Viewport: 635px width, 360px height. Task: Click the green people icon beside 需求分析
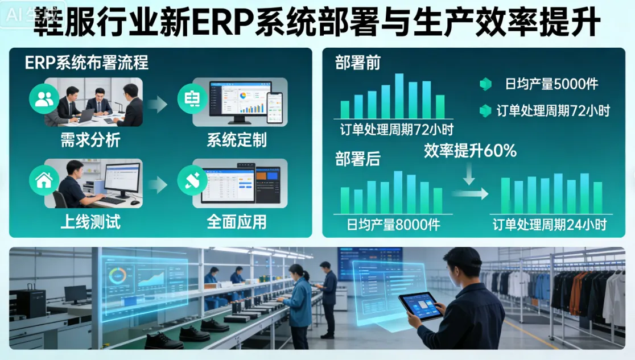pos(44,99)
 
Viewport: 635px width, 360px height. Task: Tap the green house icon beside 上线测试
pos(44,181)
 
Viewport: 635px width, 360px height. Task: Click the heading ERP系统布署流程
pos(86,63)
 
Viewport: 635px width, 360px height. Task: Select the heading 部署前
pos(357,63)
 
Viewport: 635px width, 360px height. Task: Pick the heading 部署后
pos(357,159)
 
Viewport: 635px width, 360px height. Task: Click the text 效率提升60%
pos(470,150)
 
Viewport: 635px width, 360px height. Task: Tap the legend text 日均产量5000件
pos(551,85)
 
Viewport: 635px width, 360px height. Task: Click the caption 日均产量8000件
pos(393,225)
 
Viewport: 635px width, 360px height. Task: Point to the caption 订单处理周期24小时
pos(549,225)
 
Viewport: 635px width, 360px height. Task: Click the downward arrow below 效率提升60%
pos(469,173)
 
